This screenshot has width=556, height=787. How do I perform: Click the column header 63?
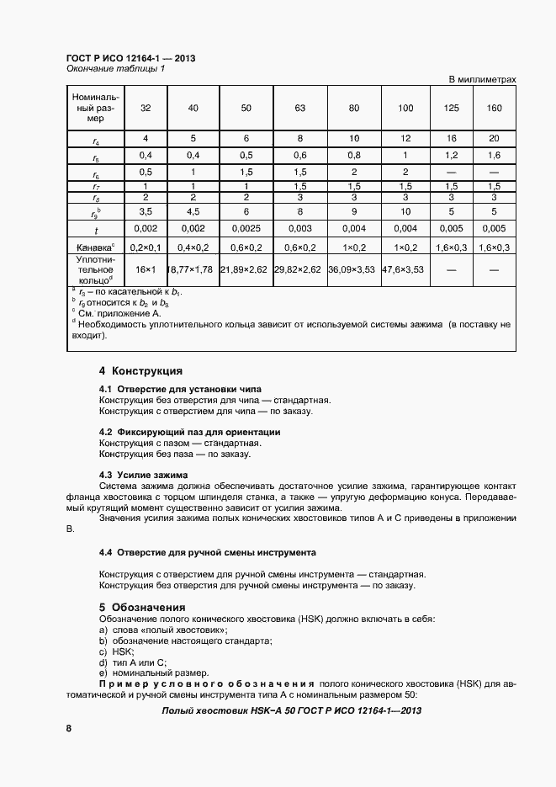tap(299, 109)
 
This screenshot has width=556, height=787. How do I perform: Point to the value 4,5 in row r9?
tap(193, 211)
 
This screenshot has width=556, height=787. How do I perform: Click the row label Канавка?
tap(94, 248)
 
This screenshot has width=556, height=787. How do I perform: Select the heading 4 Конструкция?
tap(140, 371)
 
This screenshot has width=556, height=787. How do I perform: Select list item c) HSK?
tap(117, 651)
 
